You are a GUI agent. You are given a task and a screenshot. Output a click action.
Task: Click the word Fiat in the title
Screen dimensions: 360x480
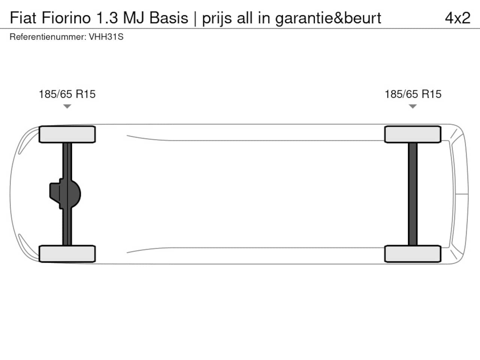23,18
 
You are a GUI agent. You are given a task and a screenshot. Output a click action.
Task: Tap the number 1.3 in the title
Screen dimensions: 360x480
107,18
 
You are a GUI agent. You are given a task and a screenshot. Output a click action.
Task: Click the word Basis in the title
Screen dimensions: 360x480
169,18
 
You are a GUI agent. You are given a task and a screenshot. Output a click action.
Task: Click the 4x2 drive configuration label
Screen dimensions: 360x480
457,18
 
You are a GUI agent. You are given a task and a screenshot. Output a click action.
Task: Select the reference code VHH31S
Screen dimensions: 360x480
106,37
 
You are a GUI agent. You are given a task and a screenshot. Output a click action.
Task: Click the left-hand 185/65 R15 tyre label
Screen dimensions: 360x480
67,94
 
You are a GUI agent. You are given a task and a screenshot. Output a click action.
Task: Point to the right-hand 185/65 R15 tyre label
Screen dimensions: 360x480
413,94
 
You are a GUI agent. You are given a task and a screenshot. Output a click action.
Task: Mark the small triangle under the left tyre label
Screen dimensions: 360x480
67,106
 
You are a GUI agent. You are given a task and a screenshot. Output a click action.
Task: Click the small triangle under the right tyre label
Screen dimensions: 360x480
413,106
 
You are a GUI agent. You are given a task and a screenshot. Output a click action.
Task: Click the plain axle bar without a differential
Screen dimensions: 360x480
413,194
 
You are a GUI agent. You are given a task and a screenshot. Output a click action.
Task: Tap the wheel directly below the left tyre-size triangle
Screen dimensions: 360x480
67,134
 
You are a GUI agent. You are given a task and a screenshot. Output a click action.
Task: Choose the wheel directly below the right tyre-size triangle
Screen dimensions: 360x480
413,134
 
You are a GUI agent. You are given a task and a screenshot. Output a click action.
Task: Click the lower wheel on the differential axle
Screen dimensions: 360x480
67,253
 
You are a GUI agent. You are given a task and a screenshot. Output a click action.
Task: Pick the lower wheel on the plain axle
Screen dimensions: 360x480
413,253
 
